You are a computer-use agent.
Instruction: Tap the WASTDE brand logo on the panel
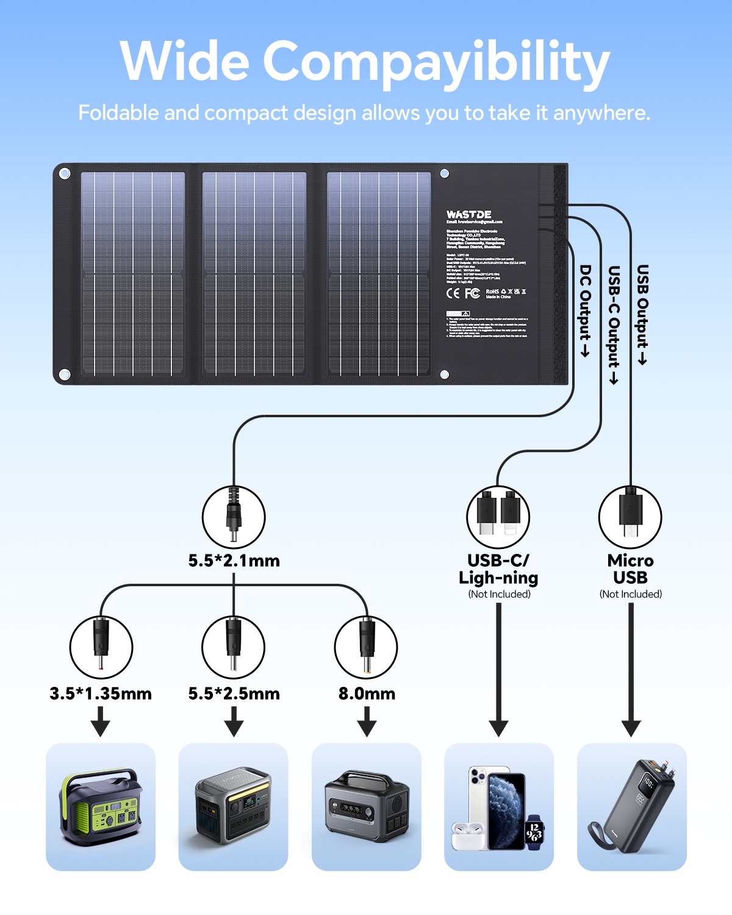(468, 215)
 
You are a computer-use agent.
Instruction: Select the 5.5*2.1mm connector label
(234, 561)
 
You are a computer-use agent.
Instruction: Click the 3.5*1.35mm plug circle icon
(101, 647)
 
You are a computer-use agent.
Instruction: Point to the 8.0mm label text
(367, 694)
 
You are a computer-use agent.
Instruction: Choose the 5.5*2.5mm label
(234, 694)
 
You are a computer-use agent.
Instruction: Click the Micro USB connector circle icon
(630, 517)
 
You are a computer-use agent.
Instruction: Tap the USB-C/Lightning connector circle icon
(498, 517)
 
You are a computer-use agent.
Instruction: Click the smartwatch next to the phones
(534, 830)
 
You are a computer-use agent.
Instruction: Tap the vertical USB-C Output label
(614, 323)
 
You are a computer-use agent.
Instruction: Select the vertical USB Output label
(642, 314)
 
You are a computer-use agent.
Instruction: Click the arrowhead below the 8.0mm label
(367, 728)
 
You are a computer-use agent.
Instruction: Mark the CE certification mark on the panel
(453, 293)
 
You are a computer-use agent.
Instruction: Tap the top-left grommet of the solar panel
(65, 174)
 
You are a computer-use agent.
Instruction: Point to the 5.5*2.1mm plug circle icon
(234, 517)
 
